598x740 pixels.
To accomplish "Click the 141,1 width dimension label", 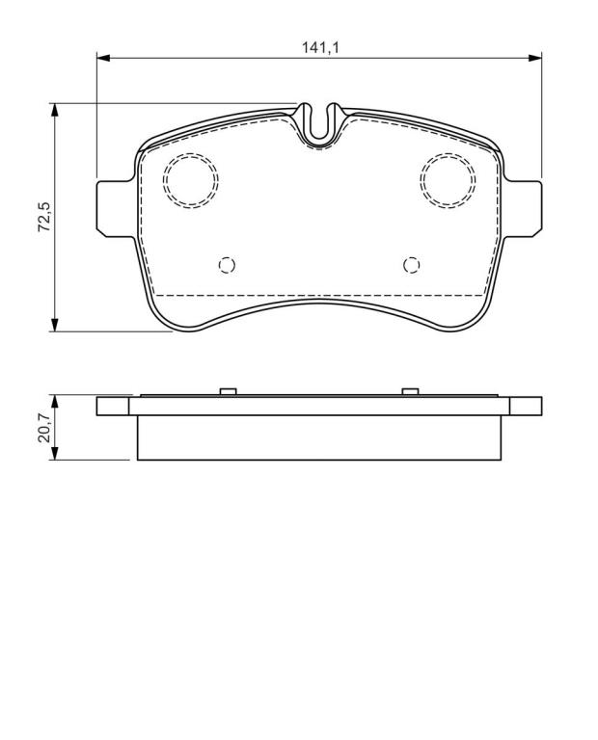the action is point(321,47).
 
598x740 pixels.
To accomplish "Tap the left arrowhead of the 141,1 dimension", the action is point(103,58).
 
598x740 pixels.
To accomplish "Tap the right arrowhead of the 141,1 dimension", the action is point(534,58).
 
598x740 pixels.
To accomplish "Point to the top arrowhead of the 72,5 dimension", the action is point(55,110).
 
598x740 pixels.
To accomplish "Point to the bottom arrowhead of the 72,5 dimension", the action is point(55,325).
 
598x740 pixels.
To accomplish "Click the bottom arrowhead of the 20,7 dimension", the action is point(55,453).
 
